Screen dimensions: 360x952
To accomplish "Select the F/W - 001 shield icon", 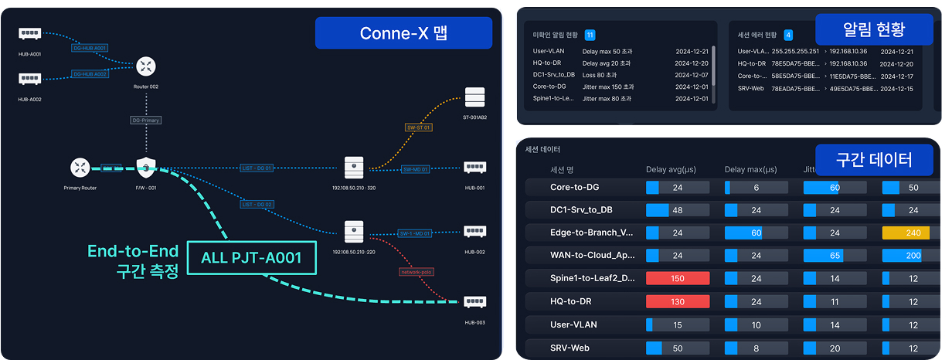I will coord(146,167).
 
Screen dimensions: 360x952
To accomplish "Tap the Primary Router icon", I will coord(80,167).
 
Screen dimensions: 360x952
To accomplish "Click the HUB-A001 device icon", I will coord(30,34).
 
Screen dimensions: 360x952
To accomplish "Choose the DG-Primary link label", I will coord(146,121).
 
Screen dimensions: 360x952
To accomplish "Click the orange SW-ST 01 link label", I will coord(418,127).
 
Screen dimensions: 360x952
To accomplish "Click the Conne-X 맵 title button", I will coord(403,33).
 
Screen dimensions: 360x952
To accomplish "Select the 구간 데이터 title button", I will coord(874,159).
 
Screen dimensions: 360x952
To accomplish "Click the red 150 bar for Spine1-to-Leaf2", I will coord(678,278).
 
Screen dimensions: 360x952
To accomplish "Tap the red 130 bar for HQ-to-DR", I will coord(678,301).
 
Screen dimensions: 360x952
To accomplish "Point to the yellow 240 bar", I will coord(912,233).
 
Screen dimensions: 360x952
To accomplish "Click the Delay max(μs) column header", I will coord(750,169).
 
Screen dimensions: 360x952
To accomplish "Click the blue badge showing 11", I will coord(590,36).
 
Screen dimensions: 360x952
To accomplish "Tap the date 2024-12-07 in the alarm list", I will coord(691,75).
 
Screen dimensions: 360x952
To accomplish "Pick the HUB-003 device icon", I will coord(474,303).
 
